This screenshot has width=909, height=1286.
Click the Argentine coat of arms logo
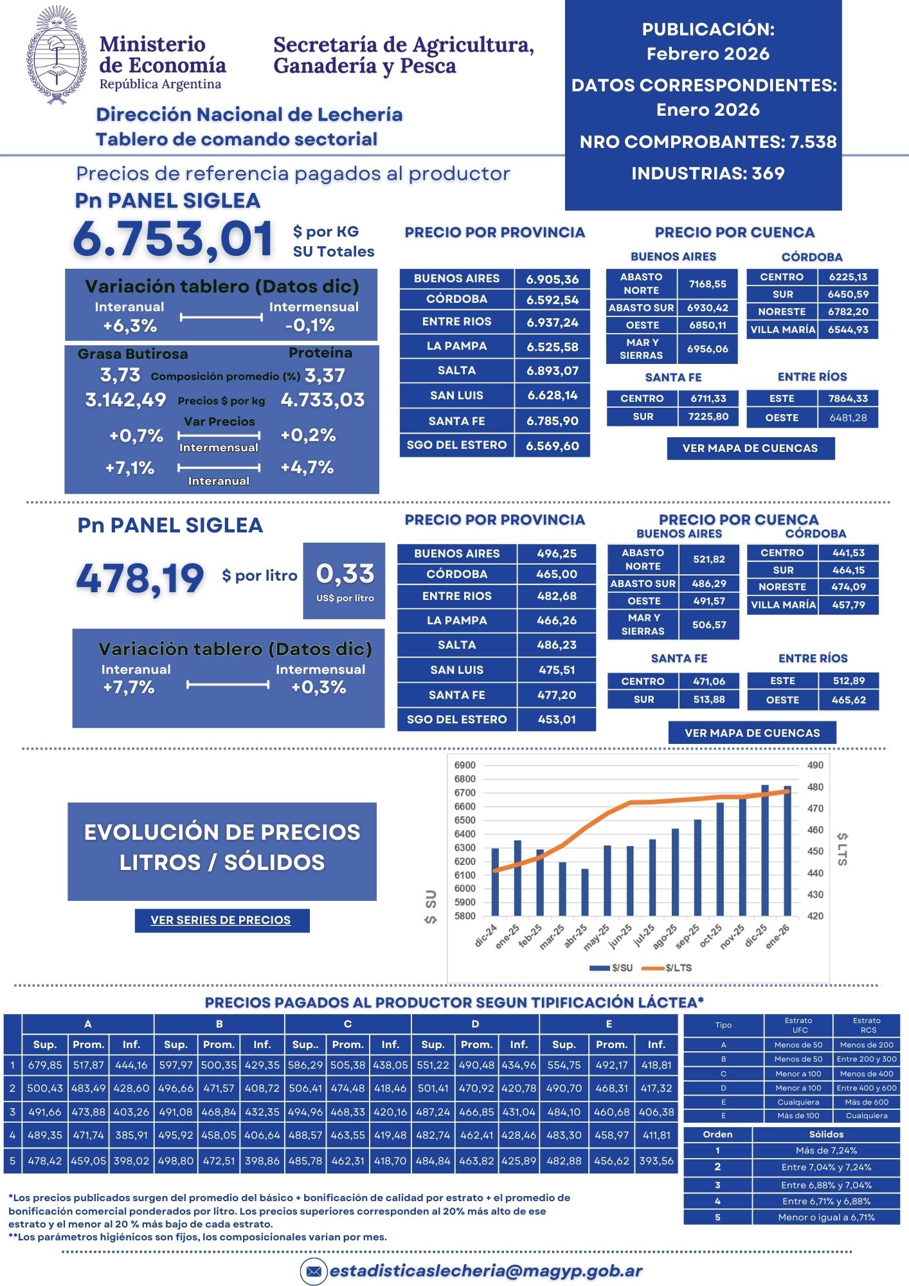(x=57, y=55)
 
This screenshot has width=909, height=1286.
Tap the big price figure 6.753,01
(x=173, y=239)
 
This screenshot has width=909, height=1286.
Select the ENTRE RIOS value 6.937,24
(x=552, y=322)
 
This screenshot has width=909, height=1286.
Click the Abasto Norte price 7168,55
(x=707, y=284)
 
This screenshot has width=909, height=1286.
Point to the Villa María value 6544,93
(x=848, y=330)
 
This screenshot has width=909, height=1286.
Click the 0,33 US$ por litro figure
(x=345, y=574)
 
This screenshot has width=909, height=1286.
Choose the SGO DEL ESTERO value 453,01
(x=557, y=720)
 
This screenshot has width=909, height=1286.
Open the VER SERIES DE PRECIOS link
(x=221, y=920)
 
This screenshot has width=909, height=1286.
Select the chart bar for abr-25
(x=585, y=892)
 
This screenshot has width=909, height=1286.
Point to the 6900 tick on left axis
(x=465, y=765)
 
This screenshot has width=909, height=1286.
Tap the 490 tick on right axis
(x=815, y=765)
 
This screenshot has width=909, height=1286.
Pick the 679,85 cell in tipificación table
(x=45, y=1065)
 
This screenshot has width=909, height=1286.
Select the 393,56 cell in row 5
(x=656, y=1161)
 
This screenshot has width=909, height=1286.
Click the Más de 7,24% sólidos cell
(x=826, y=1150)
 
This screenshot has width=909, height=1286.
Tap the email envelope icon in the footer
(x=314, y=1271)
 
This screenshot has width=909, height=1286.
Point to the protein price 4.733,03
(x=323, y=400)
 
